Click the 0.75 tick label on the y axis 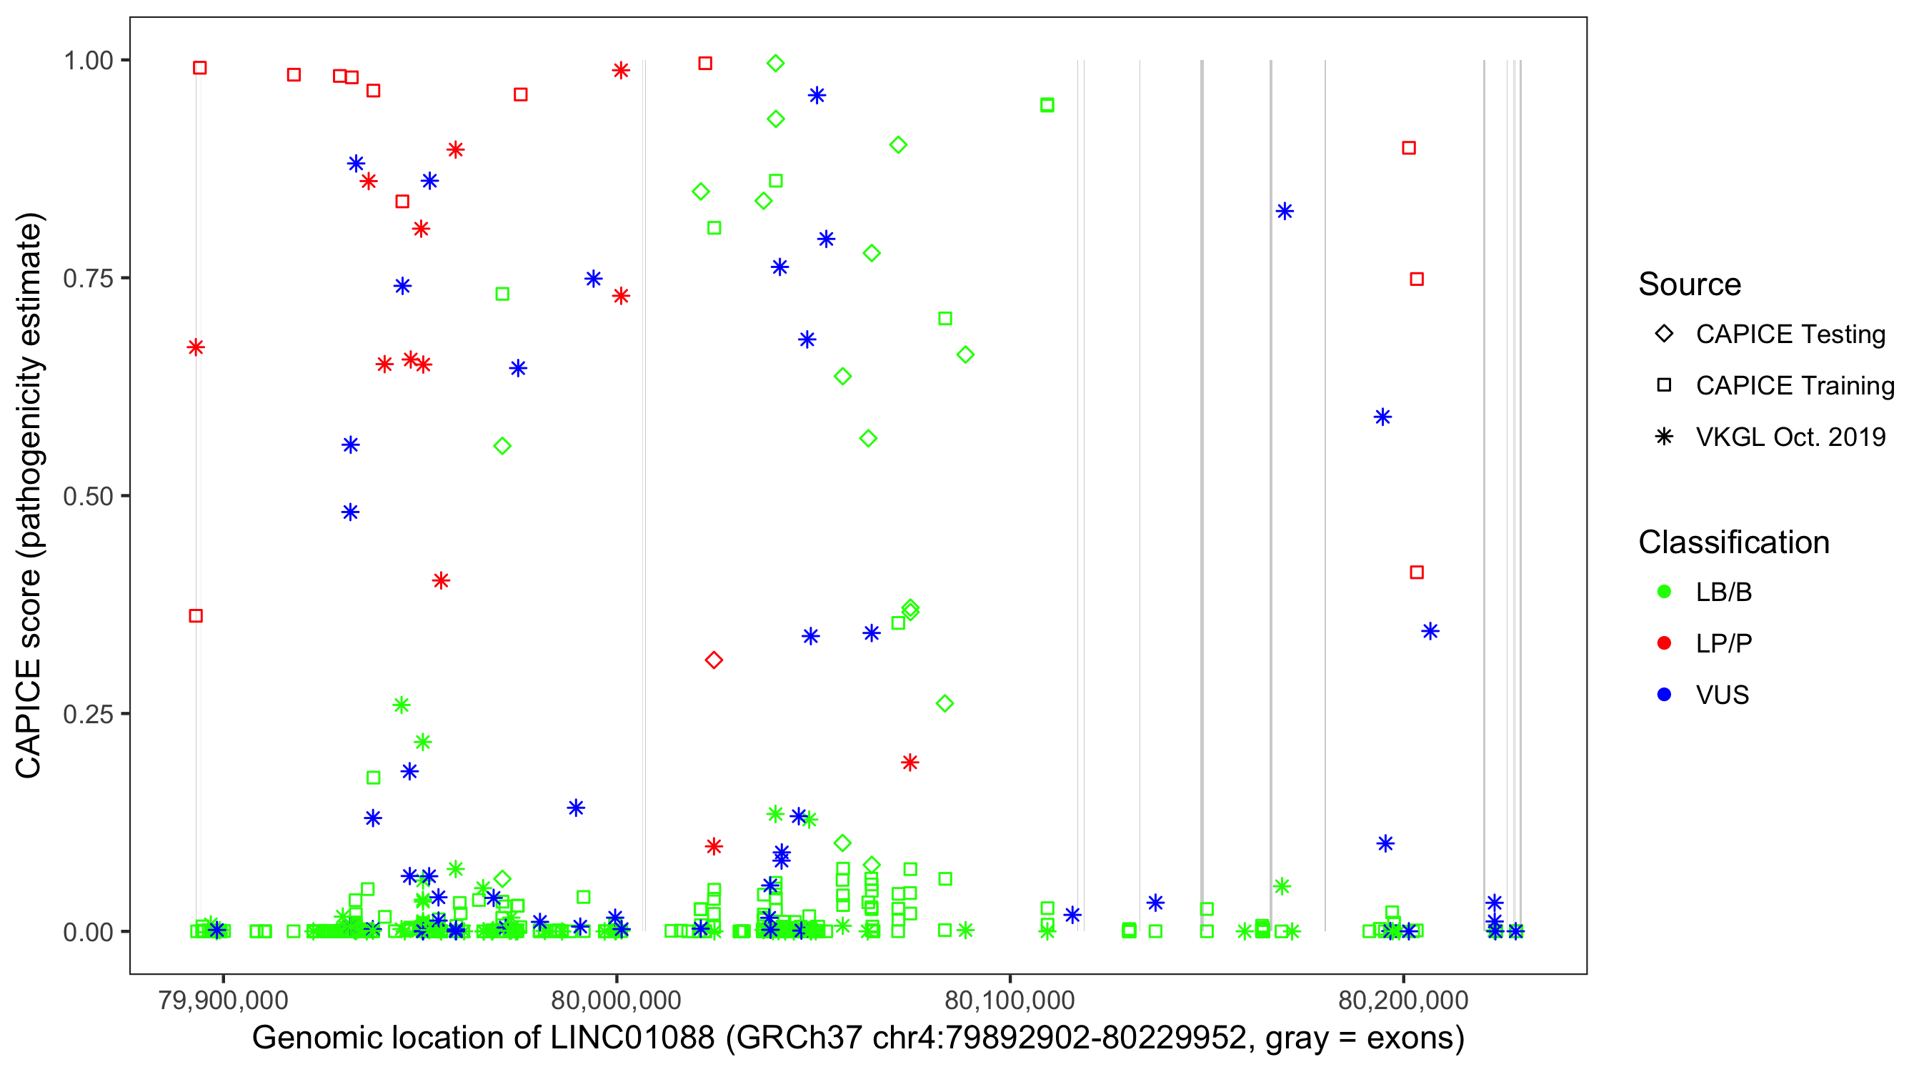[87, 278]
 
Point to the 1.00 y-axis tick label [87, 60]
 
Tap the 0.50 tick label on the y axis [87, 496]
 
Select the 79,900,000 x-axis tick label [222, 1000]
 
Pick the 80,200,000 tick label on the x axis [1402, 1000]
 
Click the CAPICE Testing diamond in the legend [1664, 334]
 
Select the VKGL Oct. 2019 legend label [1790, 437]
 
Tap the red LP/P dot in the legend [1664, 643]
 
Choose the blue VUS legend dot [1664, 695]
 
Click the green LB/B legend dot [1664, 592]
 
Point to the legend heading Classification [1733, 542]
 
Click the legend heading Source [1690, 284]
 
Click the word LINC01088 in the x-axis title [632, 1038]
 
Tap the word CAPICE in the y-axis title [29, 718]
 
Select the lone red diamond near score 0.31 [714, 660]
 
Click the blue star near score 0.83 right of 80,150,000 [1285, 212]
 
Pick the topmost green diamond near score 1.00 [776, 63]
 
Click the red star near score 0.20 [909, 763]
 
